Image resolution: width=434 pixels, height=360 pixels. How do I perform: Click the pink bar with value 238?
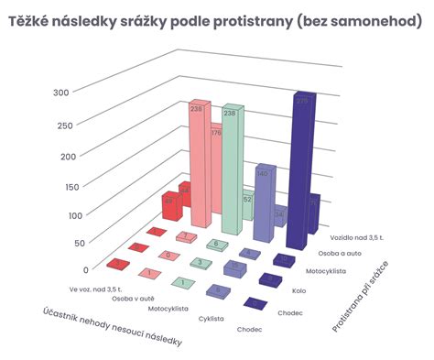pos(197,165)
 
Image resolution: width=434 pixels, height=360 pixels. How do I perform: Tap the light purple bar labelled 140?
pos(263,197)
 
